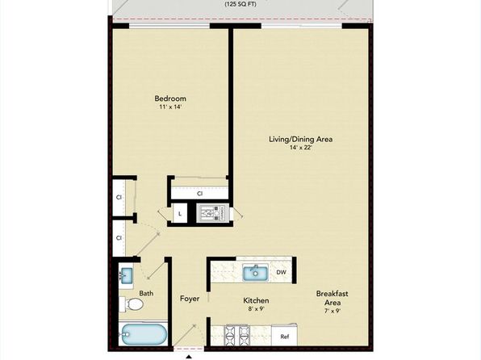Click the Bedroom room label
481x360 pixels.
tap(171, 100)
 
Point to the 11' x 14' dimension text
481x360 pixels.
tap(171, 110)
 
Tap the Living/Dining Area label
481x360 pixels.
tap(301, 139)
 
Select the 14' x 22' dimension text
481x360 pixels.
tap(301, 148)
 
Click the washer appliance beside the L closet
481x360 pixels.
tap(209, 214)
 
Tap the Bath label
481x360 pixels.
tap(146, 294)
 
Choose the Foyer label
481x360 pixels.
tap(189, 299)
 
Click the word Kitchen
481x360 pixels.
tap(256, 299)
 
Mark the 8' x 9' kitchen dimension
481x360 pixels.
tap(256, 308)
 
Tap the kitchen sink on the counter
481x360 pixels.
tap(257, 272)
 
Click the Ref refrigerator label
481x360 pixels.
tap(284, 336)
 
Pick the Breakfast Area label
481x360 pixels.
tap(331, 298)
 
